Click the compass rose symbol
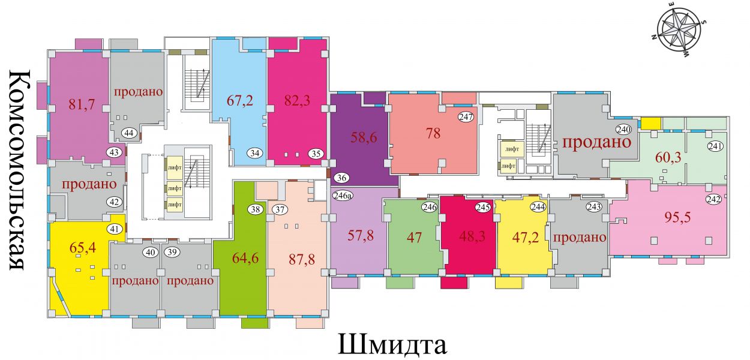coord(680,34)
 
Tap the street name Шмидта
coord(392,344)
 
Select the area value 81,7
coord(82,104)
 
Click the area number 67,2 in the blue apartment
coord(240,100)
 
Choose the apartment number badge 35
coord(316,154)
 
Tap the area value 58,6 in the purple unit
coord(364,137)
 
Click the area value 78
coord(433,133)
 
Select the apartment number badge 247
coord(466,117)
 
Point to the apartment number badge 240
coord(623,129)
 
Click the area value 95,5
coord(677,217)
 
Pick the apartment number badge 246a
coord(342,195)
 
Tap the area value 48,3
coord(472,236)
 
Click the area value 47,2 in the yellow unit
coord(526,238)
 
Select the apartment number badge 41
coord(115,229)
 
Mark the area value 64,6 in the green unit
coord(245,258)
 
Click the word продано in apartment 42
coord(89,184)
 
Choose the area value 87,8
coord(302,260)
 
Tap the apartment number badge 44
coord(129,133)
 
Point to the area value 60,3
coord(668,157)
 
